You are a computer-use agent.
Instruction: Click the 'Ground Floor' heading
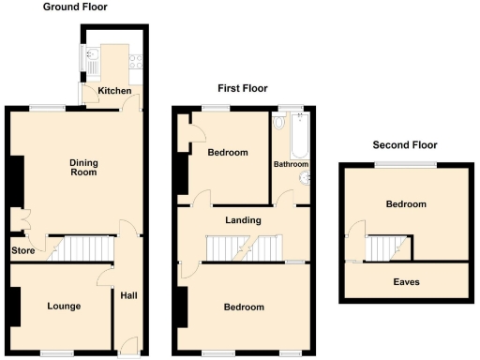pos(75,7)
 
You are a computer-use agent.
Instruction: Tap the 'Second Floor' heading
pos(404,145)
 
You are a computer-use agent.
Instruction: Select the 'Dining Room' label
pos(84,167)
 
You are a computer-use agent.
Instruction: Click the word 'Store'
pos(23,250)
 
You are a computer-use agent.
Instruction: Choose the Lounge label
pos(62,306)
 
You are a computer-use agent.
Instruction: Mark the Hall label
pos(127,296)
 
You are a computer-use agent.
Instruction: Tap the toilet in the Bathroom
pos(279,123)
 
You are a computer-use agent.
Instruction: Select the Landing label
pos(242,220)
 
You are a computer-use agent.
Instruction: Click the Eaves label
pos(406,281)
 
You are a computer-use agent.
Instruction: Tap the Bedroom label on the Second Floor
pos(405,204)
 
